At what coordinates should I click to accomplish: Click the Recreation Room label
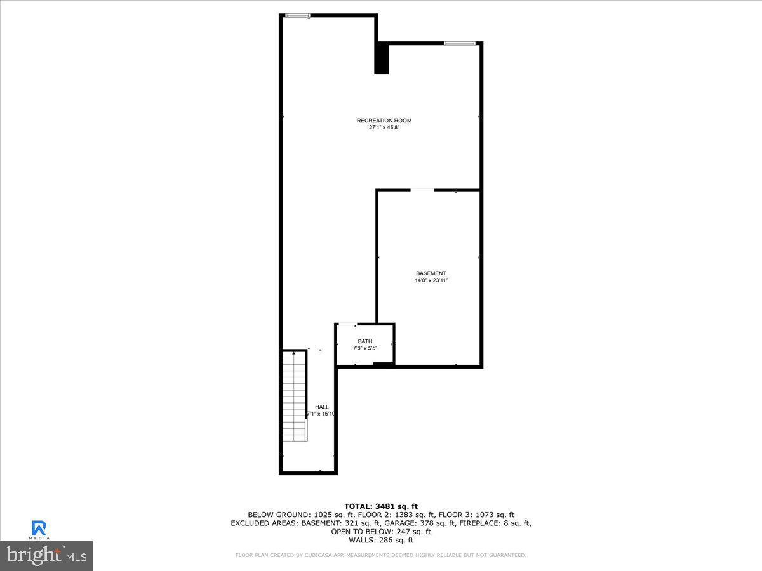coord(384,121)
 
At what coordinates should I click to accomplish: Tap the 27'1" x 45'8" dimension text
coord(384,128)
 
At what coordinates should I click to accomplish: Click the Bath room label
coord(365,341)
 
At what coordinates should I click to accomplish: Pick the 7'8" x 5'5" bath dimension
coord(365,348)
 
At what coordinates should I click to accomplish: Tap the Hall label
coord(322,407)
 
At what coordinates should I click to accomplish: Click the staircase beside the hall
coord(295,397)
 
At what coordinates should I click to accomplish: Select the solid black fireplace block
coord(381,58)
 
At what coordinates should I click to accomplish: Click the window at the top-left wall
coord(297,15)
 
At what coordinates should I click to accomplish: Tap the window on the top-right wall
coord(460,43)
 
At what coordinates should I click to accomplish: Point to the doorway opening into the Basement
coord(422,190)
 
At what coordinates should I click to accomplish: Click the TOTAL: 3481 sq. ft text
coord(381,506)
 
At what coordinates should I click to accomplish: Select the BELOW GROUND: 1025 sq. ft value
coord(288,515)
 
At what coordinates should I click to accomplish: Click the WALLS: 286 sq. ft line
coord(381,541)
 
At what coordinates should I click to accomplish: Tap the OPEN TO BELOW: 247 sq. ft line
coord(381,532)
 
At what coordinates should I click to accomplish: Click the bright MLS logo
coord(46,555)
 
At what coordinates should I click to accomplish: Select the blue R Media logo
coord(39,528)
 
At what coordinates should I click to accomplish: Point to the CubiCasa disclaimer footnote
coord(381,555)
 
